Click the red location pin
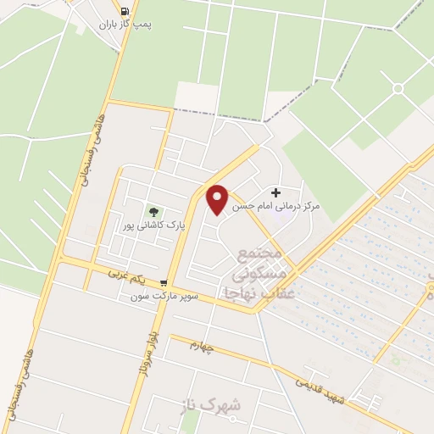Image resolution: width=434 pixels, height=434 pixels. pos(218,198)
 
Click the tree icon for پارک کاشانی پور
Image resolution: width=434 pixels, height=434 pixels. pos(153,211)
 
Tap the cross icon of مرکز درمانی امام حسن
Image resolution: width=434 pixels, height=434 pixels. pos(275,193)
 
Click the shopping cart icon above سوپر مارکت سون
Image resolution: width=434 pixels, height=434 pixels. pos(164,283)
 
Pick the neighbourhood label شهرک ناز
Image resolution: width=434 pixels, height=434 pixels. pos(211,406)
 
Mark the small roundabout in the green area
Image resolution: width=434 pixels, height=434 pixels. pos(397,88)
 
